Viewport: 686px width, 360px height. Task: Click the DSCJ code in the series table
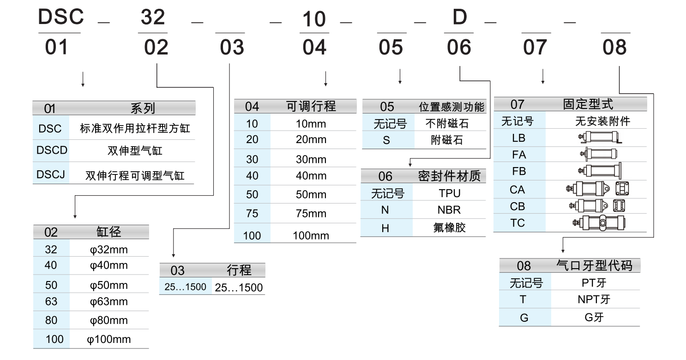point(51,175)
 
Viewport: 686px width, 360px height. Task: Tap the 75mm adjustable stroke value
point(311,214)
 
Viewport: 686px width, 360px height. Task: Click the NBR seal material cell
point(449,210)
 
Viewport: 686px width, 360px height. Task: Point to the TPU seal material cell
point(449,193)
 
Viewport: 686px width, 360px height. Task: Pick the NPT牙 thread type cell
point(594,300)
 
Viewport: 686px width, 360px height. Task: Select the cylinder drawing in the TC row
point(599,223)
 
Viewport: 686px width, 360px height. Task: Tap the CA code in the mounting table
point(518,190)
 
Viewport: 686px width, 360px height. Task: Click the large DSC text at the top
point(60,17)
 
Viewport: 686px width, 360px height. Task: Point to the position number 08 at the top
point(614,48)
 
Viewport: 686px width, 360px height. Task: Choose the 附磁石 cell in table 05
point(447,140)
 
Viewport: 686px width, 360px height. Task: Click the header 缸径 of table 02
point(109,232)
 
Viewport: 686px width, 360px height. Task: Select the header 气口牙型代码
point(595,265)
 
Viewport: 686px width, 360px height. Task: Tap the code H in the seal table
point(385,228)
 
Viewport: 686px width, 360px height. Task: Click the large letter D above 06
point(459,18)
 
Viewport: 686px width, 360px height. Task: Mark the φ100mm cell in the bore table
point(109,340)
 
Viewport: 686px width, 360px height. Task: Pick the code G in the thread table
point(524,318)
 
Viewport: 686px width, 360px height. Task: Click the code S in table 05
point(386,140)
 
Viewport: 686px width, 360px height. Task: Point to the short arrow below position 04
point(325,79)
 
